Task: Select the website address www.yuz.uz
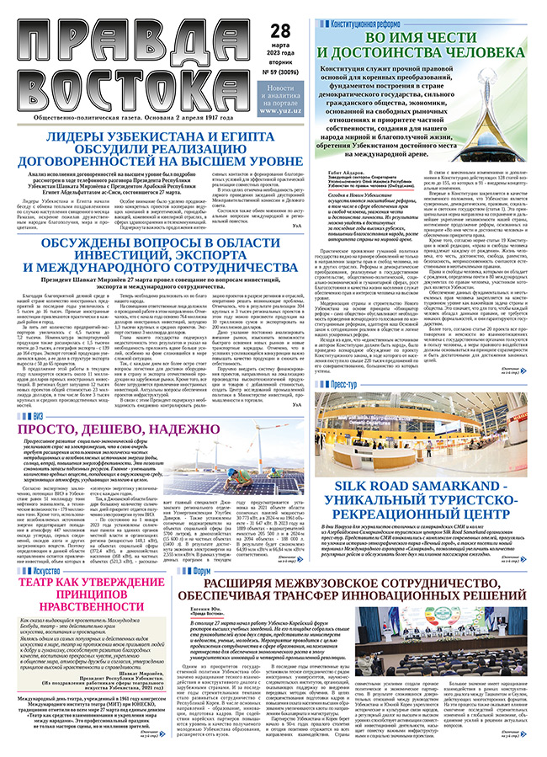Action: tap(283, 109)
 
